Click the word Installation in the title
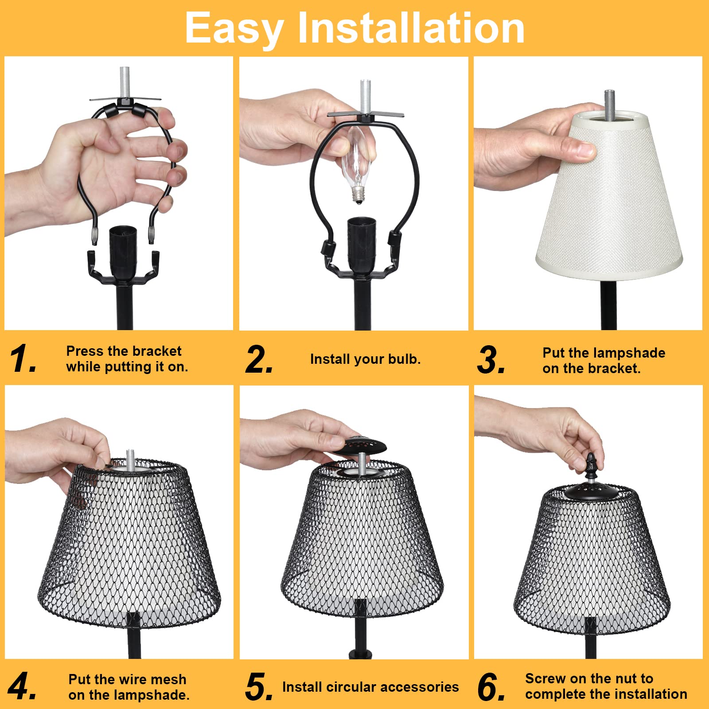point(411,29)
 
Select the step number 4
point(22,686)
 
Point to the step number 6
point(491,687)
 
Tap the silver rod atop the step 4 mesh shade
point(130,460)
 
